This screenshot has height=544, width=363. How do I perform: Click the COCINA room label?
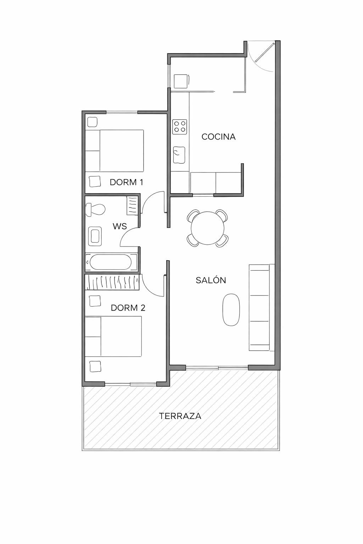pos(219,137)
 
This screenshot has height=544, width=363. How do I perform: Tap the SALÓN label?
pos(211,280)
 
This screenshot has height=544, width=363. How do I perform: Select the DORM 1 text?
pos(127,182)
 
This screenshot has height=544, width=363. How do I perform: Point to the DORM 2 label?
pos(128,308)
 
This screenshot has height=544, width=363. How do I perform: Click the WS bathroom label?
pos(119,226)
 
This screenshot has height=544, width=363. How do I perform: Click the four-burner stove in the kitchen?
pos(180,127)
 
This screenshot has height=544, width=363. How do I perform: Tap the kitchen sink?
pos(179,155)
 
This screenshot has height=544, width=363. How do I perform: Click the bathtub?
pos(111,262)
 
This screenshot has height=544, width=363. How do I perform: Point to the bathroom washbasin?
pos(95,236)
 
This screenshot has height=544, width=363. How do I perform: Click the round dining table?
pos(208,228)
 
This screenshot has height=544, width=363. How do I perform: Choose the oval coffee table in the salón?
pos(231,310)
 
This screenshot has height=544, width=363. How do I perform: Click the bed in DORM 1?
pos(115,151)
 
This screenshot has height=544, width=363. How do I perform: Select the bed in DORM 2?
pos(113,336)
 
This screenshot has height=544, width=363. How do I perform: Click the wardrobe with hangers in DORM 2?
pos(112,282)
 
